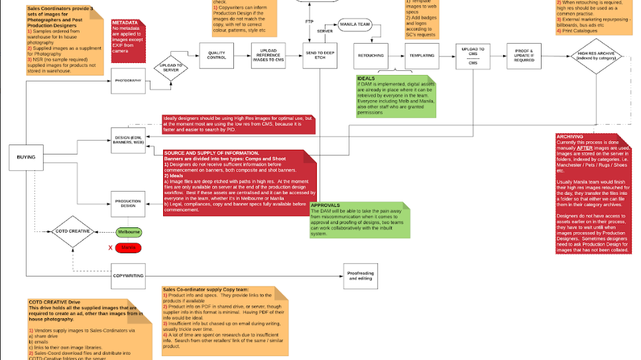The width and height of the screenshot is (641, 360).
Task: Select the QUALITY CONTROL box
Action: pos(217,56)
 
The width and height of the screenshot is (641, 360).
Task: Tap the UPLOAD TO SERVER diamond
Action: pos(170,67)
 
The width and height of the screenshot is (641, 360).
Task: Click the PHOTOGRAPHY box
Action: pos(128,80)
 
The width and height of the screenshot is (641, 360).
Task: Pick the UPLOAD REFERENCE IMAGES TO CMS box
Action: pos(268,56)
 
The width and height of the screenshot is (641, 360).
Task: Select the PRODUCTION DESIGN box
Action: pos(128,204)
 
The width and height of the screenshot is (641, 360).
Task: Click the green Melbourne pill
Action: pos(129,232)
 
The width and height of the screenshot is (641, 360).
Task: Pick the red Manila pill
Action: pos(129,247)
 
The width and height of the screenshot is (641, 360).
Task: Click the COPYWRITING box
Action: pos(128,275)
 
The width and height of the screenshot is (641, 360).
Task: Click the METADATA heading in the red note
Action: pos(125,23)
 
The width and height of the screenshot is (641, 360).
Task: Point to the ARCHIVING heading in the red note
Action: pos(569,137)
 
